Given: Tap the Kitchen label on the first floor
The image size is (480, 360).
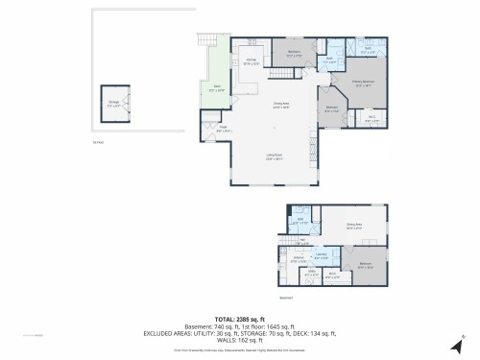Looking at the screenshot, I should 249,62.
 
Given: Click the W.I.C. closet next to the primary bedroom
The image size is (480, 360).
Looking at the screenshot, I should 372,119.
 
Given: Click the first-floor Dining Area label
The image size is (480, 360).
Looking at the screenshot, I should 281,105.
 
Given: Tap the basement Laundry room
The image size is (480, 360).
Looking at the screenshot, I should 322,255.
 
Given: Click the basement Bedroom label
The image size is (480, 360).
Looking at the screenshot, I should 365,264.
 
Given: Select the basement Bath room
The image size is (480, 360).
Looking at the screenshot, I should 300,220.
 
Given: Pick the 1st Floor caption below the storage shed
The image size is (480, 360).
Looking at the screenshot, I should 97,141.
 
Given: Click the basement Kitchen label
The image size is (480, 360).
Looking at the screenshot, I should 298,258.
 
